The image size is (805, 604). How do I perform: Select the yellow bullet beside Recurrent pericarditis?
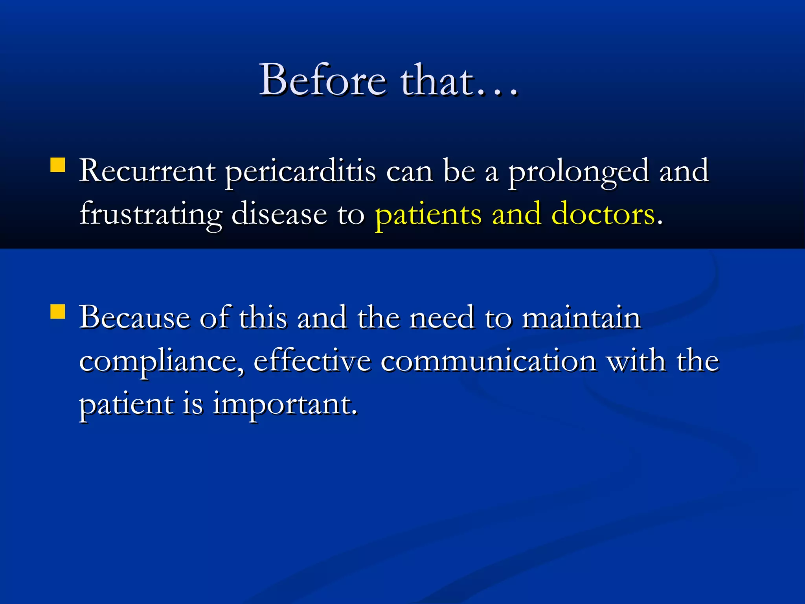(x=58, y=165)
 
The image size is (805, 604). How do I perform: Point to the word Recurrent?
(x=147, y=171)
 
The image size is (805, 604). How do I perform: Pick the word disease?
(x=279, y=215)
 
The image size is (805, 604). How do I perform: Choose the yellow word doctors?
(x=603, y=215)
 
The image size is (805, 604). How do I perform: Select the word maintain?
(x=581, y=317)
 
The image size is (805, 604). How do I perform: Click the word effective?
(x=312, y=361)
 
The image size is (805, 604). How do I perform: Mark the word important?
(x=285, y=405)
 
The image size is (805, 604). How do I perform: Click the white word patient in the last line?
(x=126, y=405)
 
